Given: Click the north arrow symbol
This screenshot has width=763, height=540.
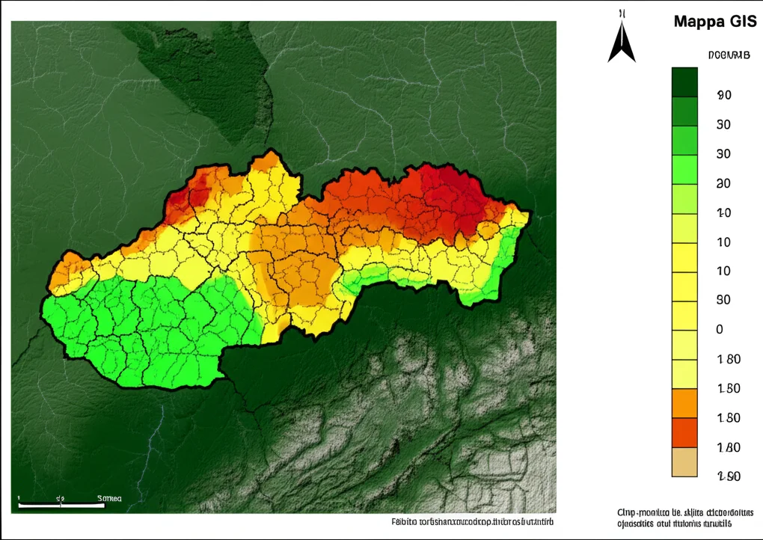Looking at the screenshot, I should tap(621, 41).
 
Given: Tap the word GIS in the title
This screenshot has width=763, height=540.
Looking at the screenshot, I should tap(741, 21).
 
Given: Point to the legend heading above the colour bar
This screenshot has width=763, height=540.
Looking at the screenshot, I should tap(729, 55).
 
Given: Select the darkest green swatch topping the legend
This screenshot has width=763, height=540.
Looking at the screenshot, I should tap(684, 82).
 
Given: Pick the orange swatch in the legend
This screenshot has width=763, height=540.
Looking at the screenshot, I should tap(684, 403).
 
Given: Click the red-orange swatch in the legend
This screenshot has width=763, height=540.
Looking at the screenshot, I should tap(684, 432).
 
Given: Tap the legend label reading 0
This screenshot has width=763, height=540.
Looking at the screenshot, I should tap(720, 330).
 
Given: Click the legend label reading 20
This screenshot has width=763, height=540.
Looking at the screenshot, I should tap(723, 183).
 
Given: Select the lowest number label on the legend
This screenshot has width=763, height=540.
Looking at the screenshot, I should tap(728, 476).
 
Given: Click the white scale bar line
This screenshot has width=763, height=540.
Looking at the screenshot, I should tap(60, 506).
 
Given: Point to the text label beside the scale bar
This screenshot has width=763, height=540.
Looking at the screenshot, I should tap(109, 498).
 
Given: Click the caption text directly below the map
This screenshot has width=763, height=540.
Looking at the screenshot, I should tap(475, 521).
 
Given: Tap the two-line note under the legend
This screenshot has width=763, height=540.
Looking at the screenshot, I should tap(684, 518).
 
